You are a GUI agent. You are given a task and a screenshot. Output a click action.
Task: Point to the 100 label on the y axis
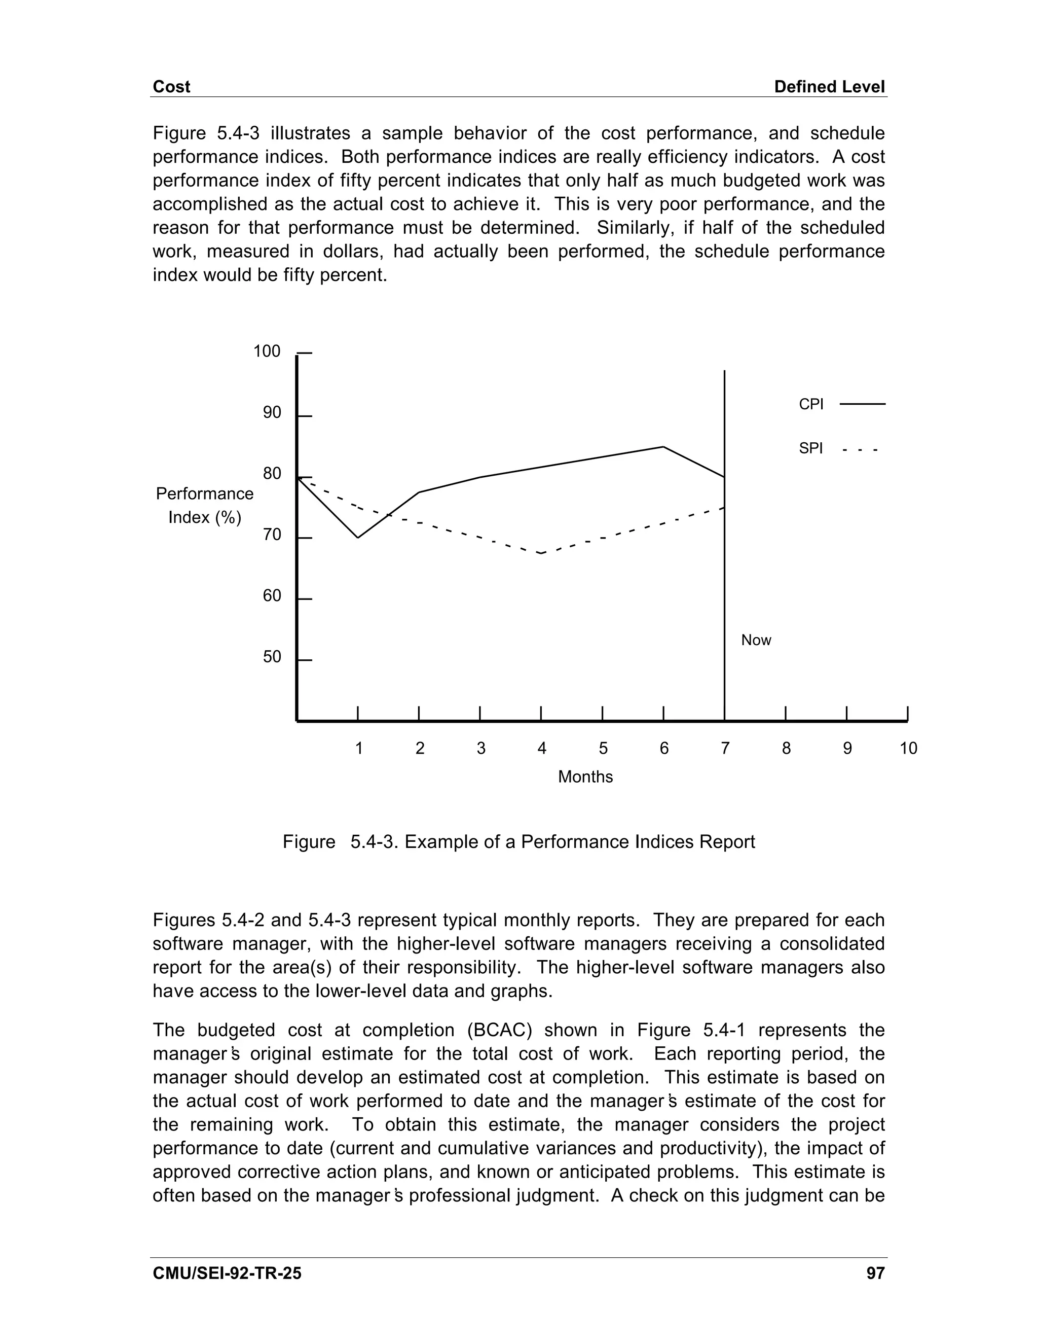click(267, 351)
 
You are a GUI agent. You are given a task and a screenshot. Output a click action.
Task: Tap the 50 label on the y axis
click(272, 657)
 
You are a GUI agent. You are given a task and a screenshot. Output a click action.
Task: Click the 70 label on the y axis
click(272, 535)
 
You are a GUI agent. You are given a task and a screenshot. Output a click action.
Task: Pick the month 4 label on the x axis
click(542, 748)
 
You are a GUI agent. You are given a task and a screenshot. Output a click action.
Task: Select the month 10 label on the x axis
click(908, 748)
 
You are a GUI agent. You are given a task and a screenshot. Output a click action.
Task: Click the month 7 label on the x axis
click(725, 748)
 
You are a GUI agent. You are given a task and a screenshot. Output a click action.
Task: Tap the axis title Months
click(585, 776)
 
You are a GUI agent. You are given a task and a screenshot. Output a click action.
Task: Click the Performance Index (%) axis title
click(205, 505)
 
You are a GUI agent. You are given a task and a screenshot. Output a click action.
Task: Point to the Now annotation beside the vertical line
click(756, 640)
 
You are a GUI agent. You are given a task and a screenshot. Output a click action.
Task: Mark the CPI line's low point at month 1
click(358, 538)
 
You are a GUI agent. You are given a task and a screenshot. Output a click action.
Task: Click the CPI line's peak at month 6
click(663, 447)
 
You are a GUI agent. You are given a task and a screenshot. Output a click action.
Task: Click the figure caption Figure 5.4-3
click(518, 842)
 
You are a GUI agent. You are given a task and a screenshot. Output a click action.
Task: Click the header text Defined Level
click(829, 87)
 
